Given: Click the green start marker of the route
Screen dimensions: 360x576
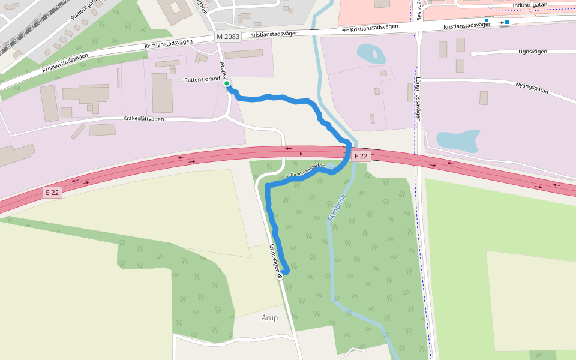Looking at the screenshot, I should pos(227,84).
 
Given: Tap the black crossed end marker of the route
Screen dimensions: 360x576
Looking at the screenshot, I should pos(280,276).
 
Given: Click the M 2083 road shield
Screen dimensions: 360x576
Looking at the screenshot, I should pos(228,37).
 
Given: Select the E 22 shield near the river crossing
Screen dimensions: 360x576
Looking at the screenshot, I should pos(361,156).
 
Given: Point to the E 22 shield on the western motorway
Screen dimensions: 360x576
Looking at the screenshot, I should pos(52,193).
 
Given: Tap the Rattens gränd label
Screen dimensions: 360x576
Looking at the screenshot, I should pos(203,79).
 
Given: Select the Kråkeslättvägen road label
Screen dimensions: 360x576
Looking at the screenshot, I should pos(143,119).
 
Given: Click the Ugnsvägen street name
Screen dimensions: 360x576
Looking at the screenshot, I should pos(533,52).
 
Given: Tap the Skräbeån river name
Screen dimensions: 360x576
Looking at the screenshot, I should pos(337,207).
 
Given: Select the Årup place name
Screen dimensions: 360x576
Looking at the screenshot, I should pos(270,317).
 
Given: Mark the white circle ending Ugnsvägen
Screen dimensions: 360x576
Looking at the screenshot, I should pos(473,54).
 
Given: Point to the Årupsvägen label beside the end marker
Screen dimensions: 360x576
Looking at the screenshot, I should pos(274,257).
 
